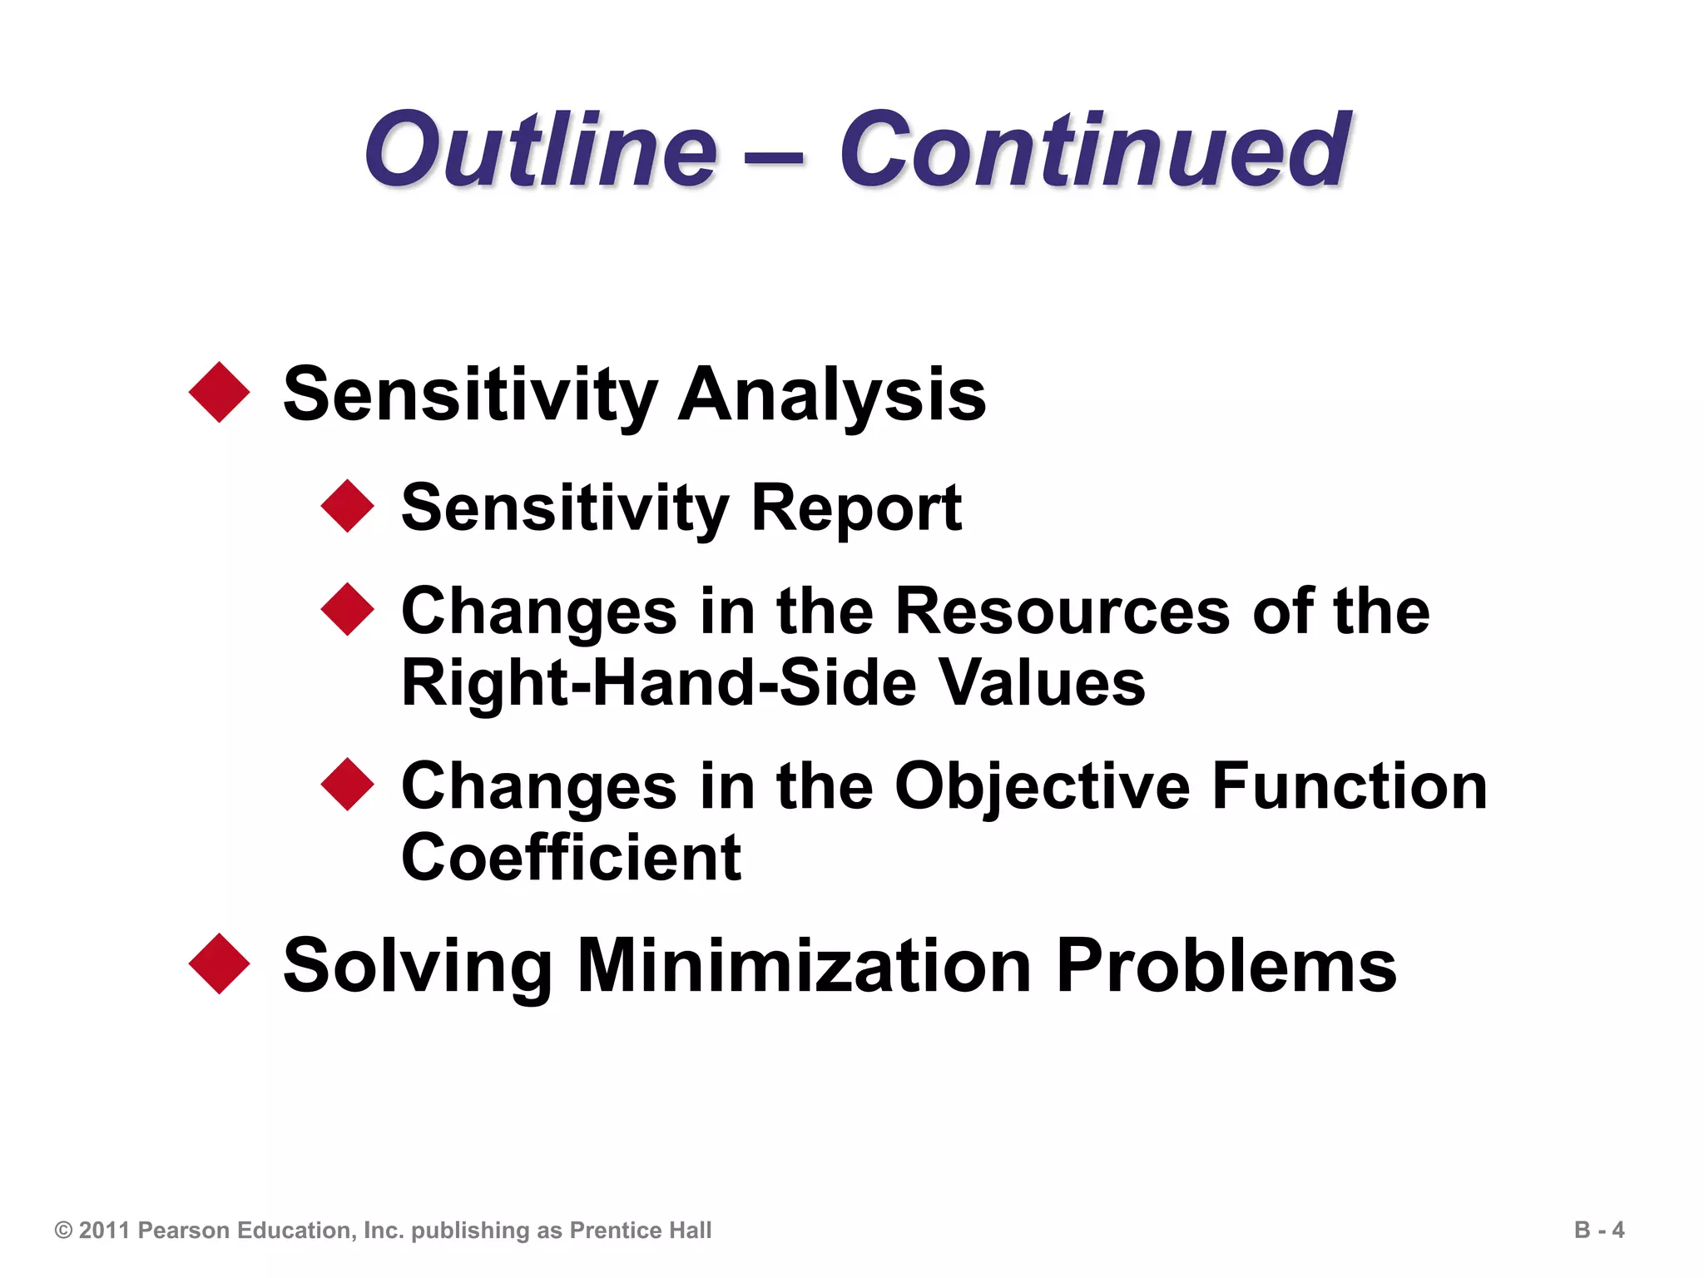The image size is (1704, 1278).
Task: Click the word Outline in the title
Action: tap(541, 150)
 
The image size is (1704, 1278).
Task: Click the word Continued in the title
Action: tap(1093, 150)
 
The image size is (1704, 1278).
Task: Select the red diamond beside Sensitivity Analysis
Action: tap(220, 392)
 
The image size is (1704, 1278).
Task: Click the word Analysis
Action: tap(831, 394)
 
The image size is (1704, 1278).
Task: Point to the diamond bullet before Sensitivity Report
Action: tap(347, 506)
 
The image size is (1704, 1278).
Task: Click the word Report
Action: tap(856, 508)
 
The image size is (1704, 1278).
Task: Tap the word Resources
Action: tap(1062, 611)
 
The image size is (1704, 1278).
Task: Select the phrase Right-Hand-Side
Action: tap(658, 682)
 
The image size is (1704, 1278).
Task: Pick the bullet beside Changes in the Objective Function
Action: tap(347, 785)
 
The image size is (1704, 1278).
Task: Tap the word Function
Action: tap(1349, 786)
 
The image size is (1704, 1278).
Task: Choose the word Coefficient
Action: tap(571, 858)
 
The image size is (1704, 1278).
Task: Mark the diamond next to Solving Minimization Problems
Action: tap(220, 963)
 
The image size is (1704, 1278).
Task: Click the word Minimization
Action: tap(804, 965)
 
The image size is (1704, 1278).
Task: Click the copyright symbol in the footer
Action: tap(63, 1231)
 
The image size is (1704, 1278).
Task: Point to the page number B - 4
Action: tap(1598, 1230)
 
